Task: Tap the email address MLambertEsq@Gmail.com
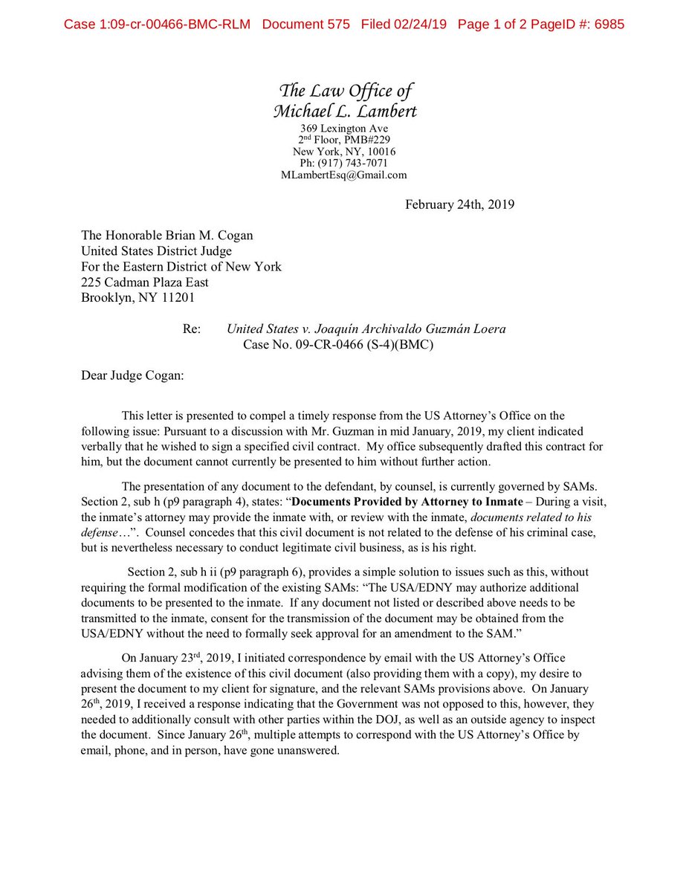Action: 344,175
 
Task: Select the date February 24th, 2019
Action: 459,204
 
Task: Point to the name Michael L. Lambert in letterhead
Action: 345,111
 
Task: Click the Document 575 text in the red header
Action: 305,25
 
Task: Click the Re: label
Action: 191,329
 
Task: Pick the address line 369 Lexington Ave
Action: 345,128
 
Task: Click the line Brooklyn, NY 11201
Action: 139,298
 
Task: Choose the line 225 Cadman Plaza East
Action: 145,282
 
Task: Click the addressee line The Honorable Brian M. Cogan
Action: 167,236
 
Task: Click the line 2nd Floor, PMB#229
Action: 345,140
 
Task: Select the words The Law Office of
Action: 345,91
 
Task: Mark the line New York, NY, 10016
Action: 345,152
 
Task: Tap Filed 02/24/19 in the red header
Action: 404,25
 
